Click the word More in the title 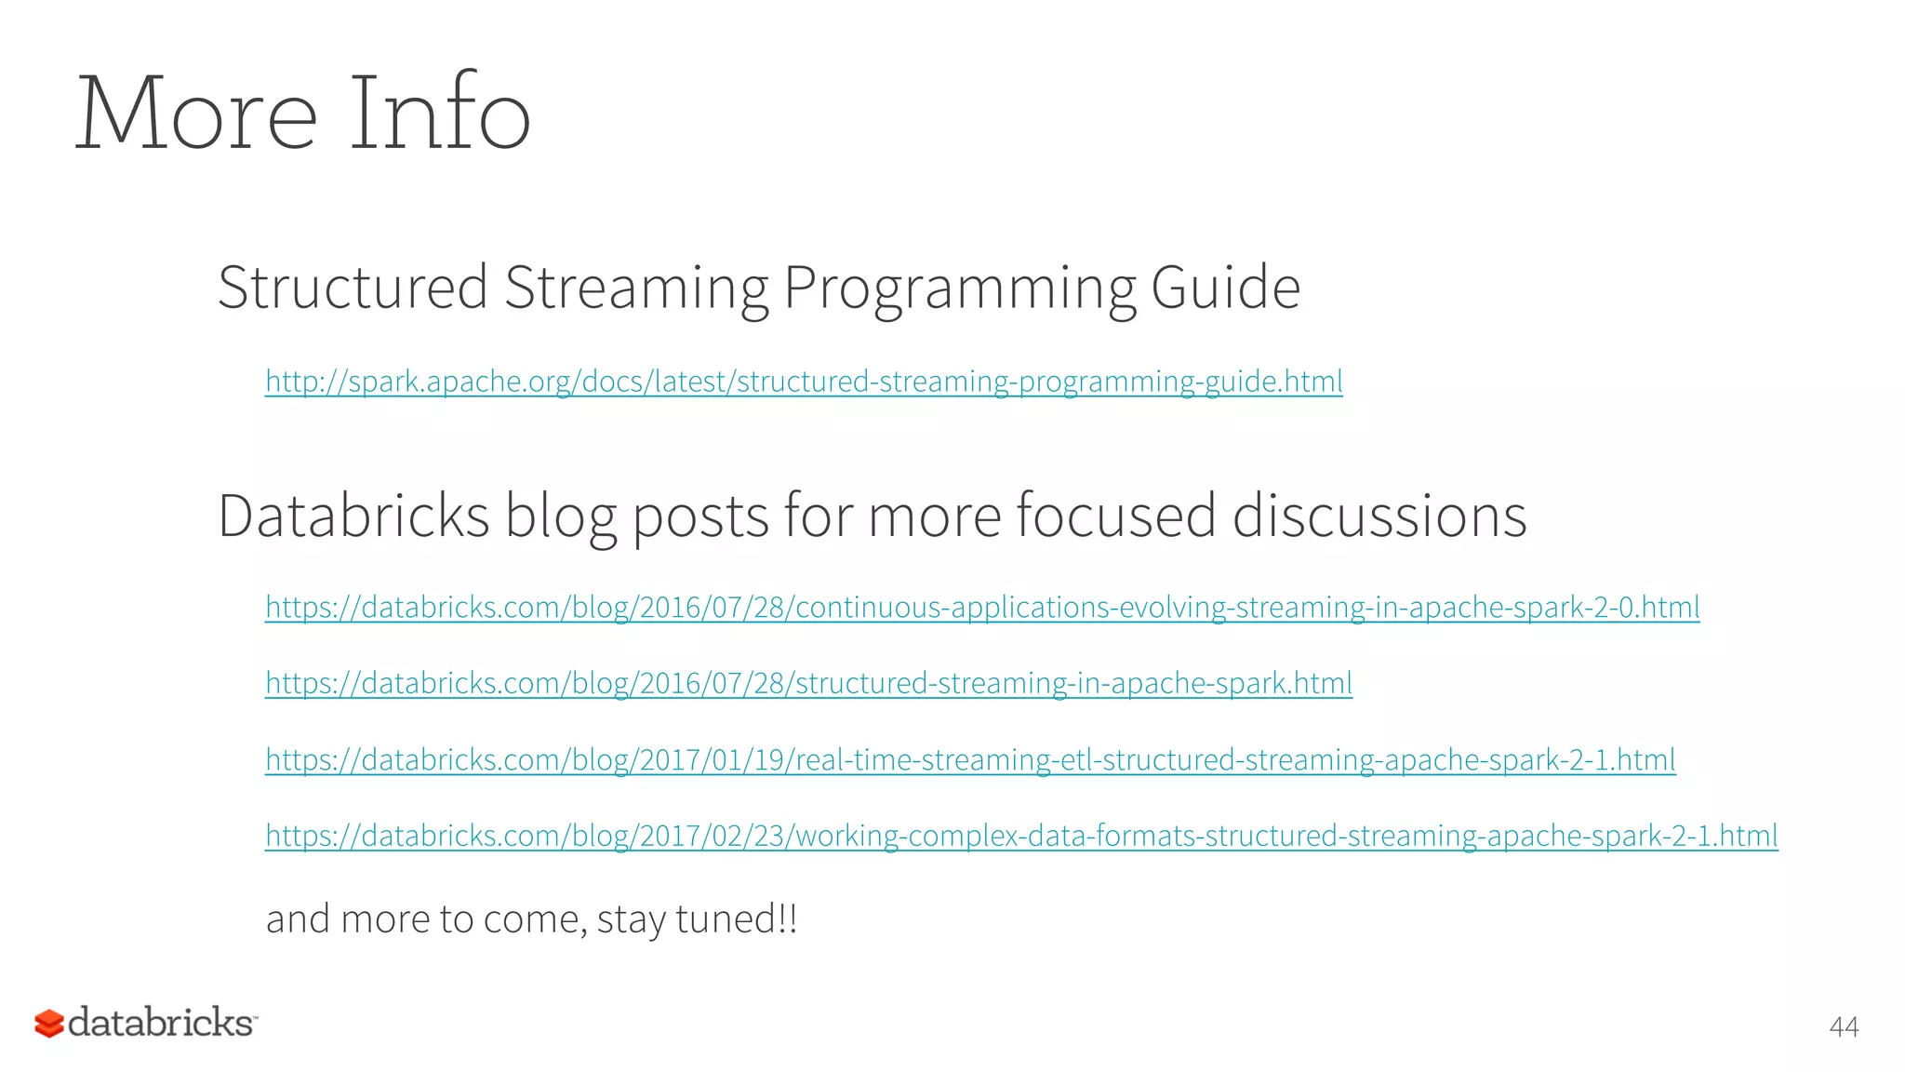195,114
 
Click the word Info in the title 439,114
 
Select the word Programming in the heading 959,288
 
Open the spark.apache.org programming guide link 804,382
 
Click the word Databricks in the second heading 353,516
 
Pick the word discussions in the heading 1379,516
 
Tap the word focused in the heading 1115,516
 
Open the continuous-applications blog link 982,608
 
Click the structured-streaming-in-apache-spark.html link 808,684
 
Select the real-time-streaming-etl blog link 970,760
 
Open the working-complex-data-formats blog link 1021,837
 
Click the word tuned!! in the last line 736,919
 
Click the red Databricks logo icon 49,1024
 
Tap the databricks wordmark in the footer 160,1022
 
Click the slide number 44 1843,1027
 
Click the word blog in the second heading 560,517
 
